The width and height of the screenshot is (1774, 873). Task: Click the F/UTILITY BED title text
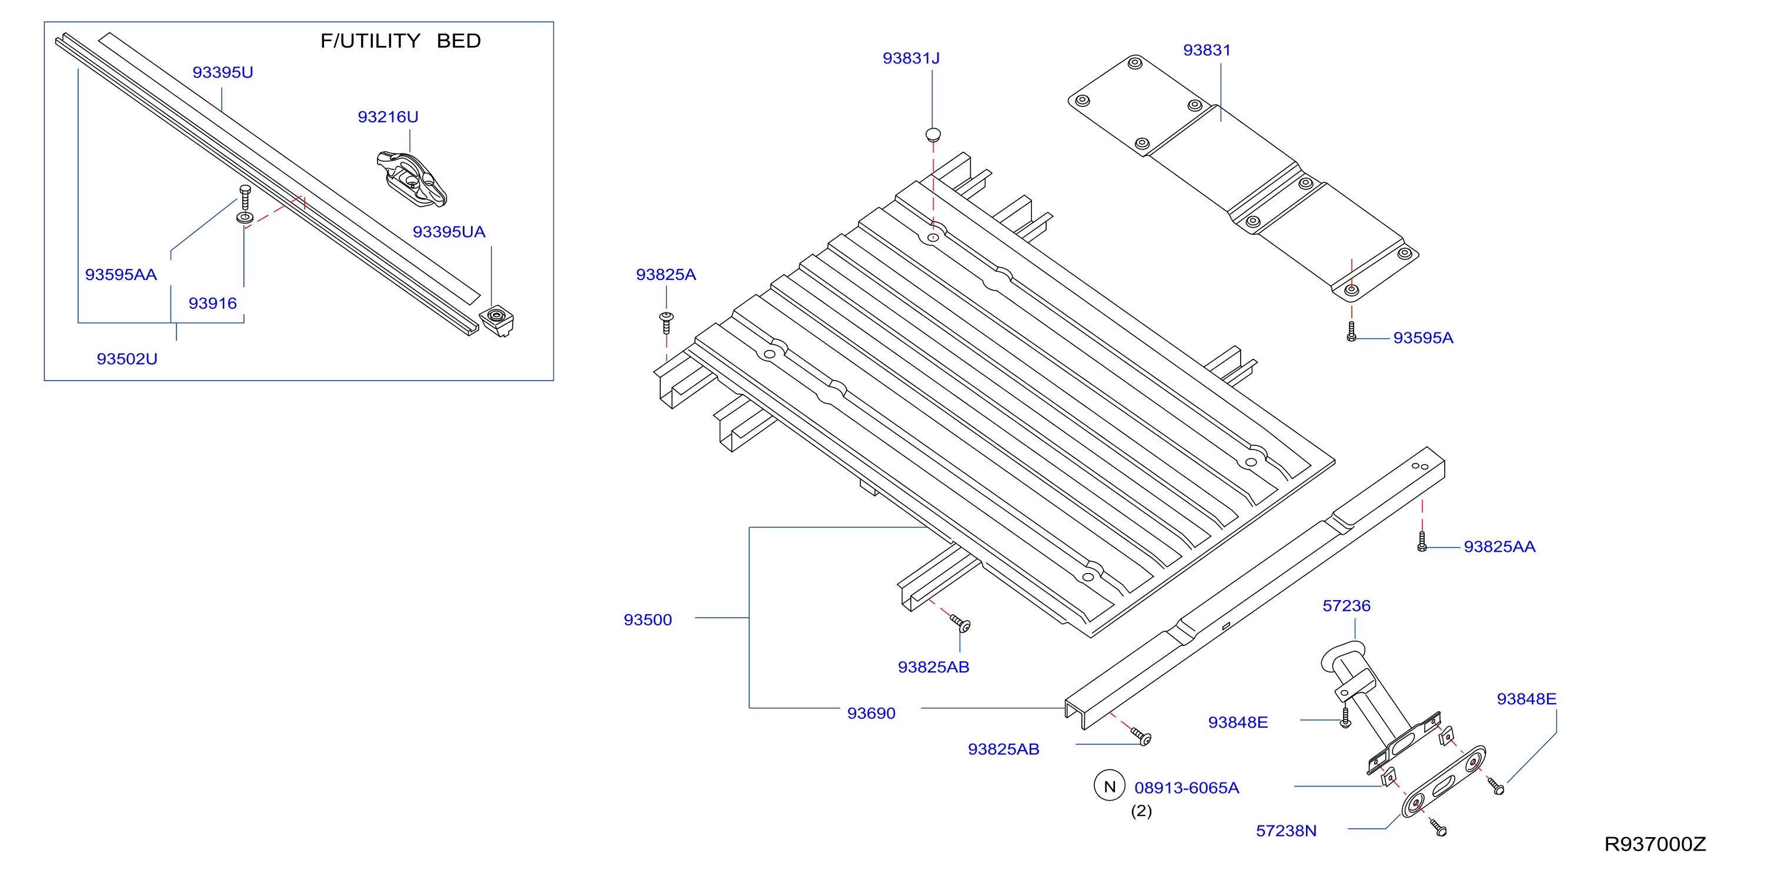[401, 41]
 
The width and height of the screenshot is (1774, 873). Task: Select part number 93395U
[222, 72]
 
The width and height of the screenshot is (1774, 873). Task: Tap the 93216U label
[387, 117]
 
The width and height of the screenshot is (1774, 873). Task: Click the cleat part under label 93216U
[412, 179]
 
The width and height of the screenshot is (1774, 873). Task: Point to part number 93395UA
[449, 232]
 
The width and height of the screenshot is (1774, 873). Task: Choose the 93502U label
[127, 359]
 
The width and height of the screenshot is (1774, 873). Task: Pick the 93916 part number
[213, 303]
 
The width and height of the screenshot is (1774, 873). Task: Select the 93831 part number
[1207, 51]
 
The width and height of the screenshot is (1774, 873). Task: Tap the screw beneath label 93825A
[666, 322]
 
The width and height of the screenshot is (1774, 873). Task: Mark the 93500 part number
[647, 619]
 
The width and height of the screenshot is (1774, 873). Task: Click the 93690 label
[871, 713]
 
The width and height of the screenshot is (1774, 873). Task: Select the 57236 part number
[1347, 606]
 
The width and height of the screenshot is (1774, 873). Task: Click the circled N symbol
[1110, 786]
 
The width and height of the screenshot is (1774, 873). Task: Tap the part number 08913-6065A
[1187, 788]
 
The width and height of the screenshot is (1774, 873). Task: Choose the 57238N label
[1286, 831]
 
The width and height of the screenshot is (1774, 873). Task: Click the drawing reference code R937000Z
[1655, 844]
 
